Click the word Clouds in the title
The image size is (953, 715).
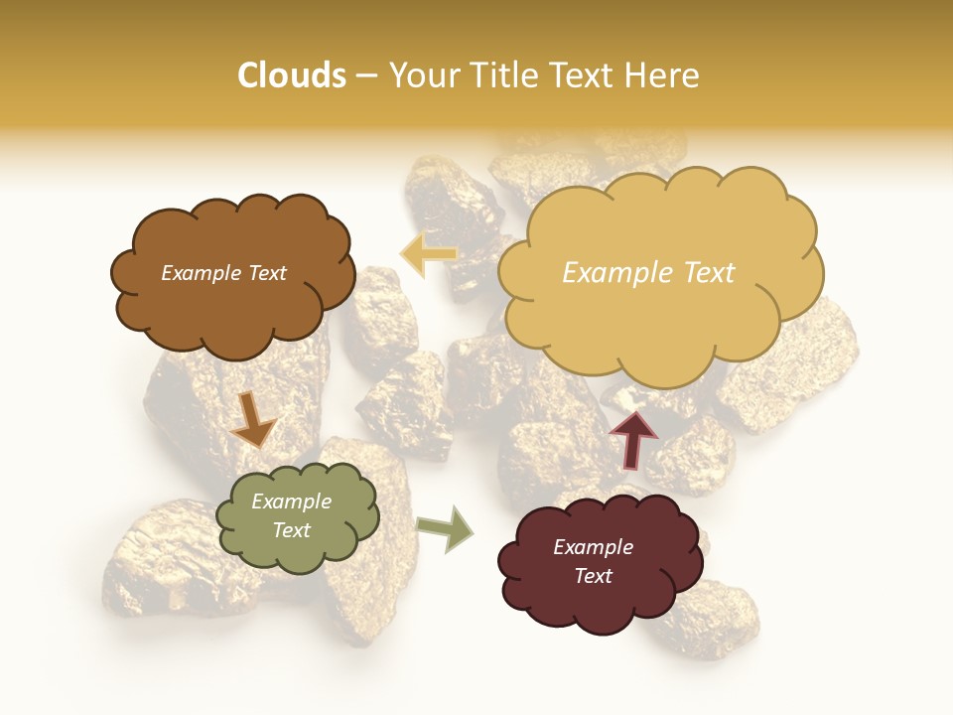click(x=292, y=75)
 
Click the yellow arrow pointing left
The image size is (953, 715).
click(x=428, y=254)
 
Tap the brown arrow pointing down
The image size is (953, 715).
click(x=253, y=419)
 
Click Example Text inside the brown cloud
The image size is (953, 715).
click(x=223, y=273)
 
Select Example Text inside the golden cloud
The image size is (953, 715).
click(x=648, y=273)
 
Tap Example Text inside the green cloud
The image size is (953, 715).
click(x=292, y=515)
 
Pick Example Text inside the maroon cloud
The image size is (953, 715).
click(x=593, y=561)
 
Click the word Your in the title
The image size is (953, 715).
click(x=421, y=75)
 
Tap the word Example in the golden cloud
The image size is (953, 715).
click(x=611, y=273)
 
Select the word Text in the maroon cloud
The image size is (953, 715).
click(x=593, y=576)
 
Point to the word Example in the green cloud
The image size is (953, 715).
click(x=292, y=501)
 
